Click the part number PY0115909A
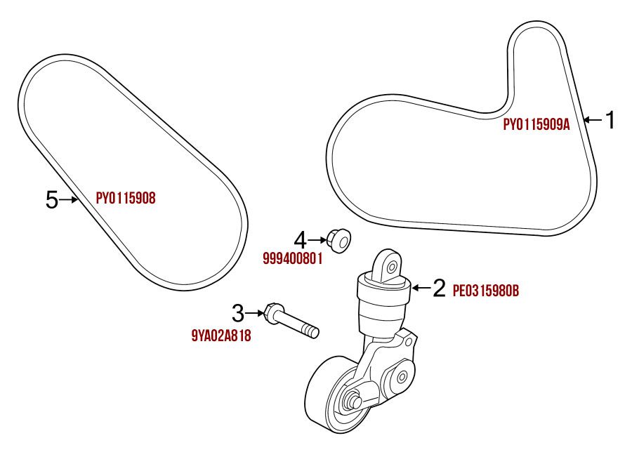[536, 125]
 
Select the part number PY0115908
[126, 199]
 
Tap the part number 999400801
[292, 258]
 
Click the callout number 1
[610, 120]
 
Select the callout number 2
[439, 288]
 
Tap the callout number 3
[239, 312]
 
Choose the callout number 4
[300, 240]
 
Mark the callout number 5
[51, 200]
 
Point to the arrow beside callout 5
[69, 200]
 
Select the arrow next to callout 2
[421, 287]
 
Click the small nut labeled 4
[338, 240]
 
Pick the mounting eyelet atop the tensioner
[388, 265]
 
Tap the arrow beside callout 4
[317, 240]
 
